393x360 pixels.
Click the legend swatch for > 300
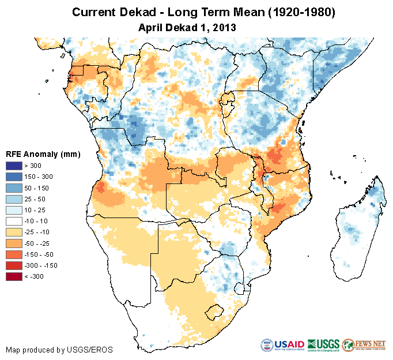pyautogui.click(x=14, y=166)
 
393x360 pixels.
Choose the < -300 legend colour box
pyautogui.click(x=14, y=277)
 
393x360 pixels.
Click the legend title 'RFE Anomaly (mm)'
pyautogui.click(x=43, y=154)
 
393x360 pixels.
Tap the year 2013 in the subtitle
pyautogui.click(x=225, y=27)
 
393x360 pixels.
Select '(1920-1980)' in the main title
pyautogui.click(x=300, y=12)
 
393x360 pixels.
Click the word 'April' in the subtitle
pyautogui.click(x=152, y=27)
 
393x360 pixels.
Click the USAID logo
pyautogui.click(x=282, y=346)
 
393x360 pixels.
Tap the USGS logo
pyautogui.click(x=323, y=346)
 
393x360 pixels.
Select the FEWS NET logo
pyautogui.click(x=364, y=346)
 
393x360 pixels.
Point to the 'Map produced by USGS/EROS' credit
pyautogui.click(x=59, y=350)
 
